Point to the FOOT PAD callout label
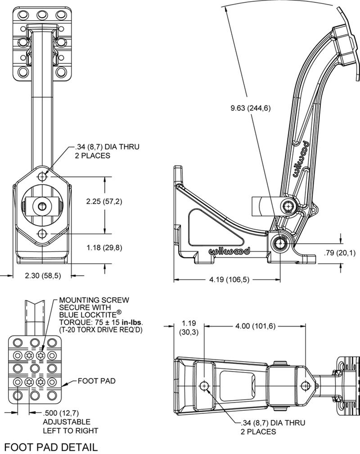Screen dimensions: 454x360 tap(96, 381)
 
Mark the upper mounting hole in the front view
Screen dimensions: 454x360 tap(42, 177)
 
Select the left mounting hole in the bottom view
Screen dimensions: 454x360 tap(205, 386)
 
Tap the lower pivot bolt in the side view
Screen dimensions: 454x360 tap(280, 243)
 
